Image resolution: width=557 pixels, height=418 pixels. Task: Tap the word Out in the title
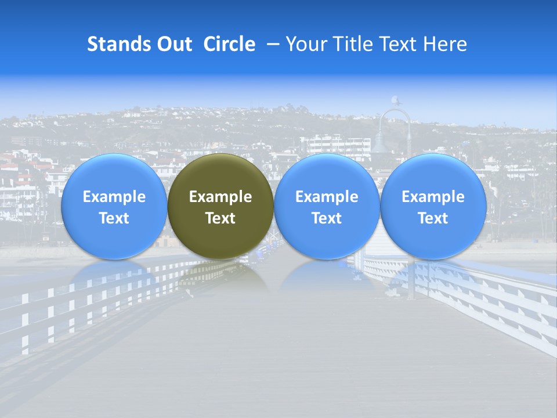(x=174, y=44)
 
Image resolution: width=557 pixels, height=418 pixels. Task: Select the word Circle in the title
(x=229, y=44)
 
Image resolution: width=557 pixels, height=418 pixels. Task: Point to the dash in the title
(x=272, y=44)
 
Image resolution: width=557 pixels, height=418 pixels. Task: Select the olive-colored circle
(x=220, y=206)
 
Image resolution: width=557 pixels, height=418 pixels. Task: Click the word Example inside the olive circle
(x=220, y=197)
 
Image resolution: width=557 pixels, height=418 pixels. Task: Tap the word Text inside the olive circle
(x=220, y=218)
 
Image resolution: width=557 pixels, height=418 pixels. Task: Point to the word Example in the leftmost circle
(x=114, y=197)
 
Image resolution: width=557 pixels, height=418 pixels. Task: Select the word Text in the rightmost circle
(x=433, y=218)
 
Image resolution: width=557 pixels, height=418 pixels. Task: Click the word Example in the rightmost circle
(x=433, y=197)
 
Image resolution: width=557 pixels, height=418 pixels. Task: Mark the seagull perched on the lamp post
(x=395, y=101)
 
